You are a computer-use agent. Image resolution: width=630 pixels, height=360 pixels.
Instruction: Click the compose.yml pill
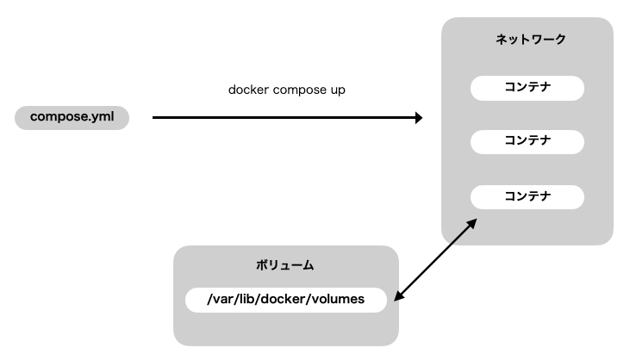(72, 116)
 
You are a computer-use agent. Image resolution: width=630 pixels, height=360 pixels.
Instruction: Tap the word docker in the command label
(248, 90)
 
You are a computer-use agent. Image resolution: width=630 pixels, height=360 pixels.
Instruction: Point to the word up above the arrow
(338, 90)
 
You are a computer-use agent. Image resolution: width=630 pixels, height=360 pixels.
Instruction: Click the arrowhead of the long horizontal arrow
(419, 117)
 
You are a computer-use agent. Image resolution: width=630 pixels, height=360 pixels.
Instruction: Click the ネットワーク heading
(527, 40)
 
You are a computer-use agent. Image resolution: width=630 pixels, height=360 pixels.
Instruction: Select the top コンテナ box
(527, 88)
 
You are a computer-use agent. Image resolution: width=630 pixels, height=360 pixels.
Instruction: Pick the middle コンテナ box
(527, 140)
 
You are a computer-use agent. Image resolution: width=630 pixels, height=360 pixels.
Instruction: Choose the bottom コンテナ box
(527, 196)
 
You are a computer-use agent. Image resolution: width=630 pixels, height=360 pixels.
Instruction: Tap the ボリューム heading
(285, 265)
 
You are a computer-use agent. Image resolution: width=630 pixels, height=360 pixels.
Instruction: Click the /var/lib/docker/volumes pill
(285, 300)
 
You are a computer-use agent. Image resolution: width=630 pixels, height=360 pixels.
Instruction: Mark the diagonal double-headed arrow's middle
(435, 259)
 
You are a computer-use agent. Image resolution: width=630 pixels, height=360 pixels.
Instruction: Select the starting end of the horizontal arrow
(154, 117)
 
